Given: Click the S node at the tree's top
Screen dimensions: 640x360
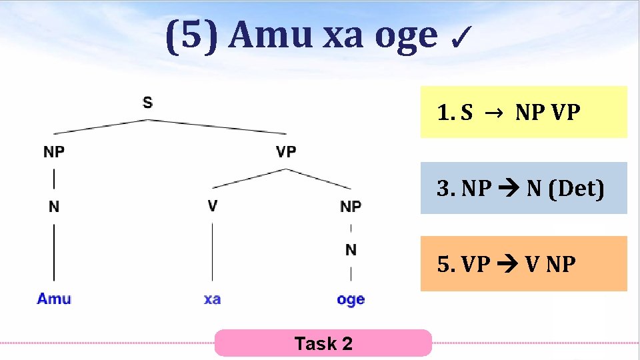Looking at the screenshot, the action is point(147,102).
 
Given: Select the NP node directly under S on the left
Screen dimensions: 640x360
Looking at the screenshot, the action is point(54,152).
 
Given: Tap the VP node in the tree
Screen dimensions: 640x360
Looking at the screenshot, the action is point(286,152).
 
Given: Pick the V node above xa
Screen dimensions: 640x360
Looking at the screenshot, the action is point(212,205).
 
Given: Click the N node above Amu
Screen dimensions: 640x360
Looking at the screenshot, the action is point(54,207).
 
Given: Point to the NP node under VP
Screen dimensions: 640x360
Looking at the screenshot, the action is point(351,207).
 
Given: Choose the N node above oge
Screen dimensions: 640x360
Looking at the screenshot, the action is point(351,250).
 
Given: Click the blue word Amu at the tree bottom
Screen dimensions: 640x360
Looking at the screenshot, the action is point(54,299).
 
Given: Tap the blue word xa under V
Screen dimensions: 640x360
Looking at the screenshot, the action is point(212,299).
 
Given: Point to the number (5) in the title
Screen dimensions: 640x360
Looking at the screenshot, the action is point(191,35).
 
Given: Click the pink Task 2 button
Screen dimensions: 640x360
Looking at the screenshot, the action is point(323,343).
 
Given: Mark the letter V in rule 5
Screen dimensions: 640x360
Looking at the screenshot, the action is point(532,265).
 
